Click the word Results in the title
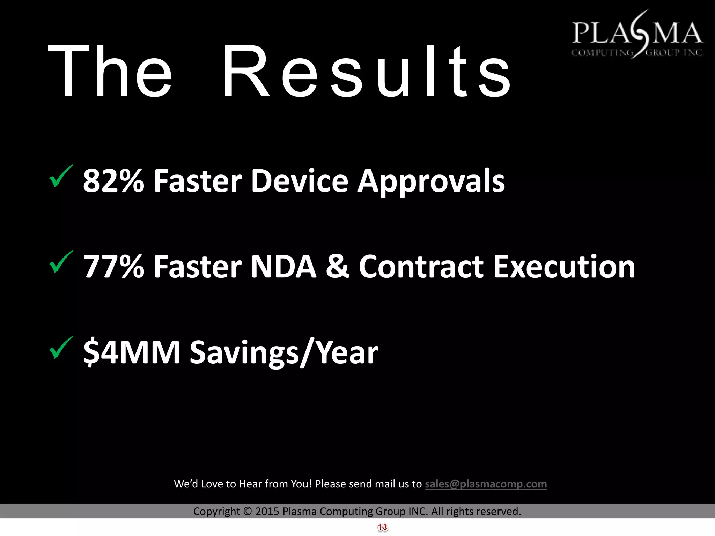pos(367,72)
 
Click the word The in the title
pos(110,72)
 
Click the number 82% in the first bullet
pos(113,181)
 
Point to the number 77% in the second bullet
pos(113,267)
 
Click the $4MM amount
pos(132,352)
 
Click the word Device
pos(300,181)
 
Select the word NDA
pos(283,267)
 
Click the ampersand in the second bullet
pos(337,267)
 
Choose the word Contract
pos(421,267)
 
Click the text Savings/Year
pos(283,352)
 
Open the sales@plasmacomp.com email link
pos(486,484)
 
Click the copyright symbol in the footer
pos(247,512)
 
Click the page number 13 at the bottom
pos(382,528)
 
